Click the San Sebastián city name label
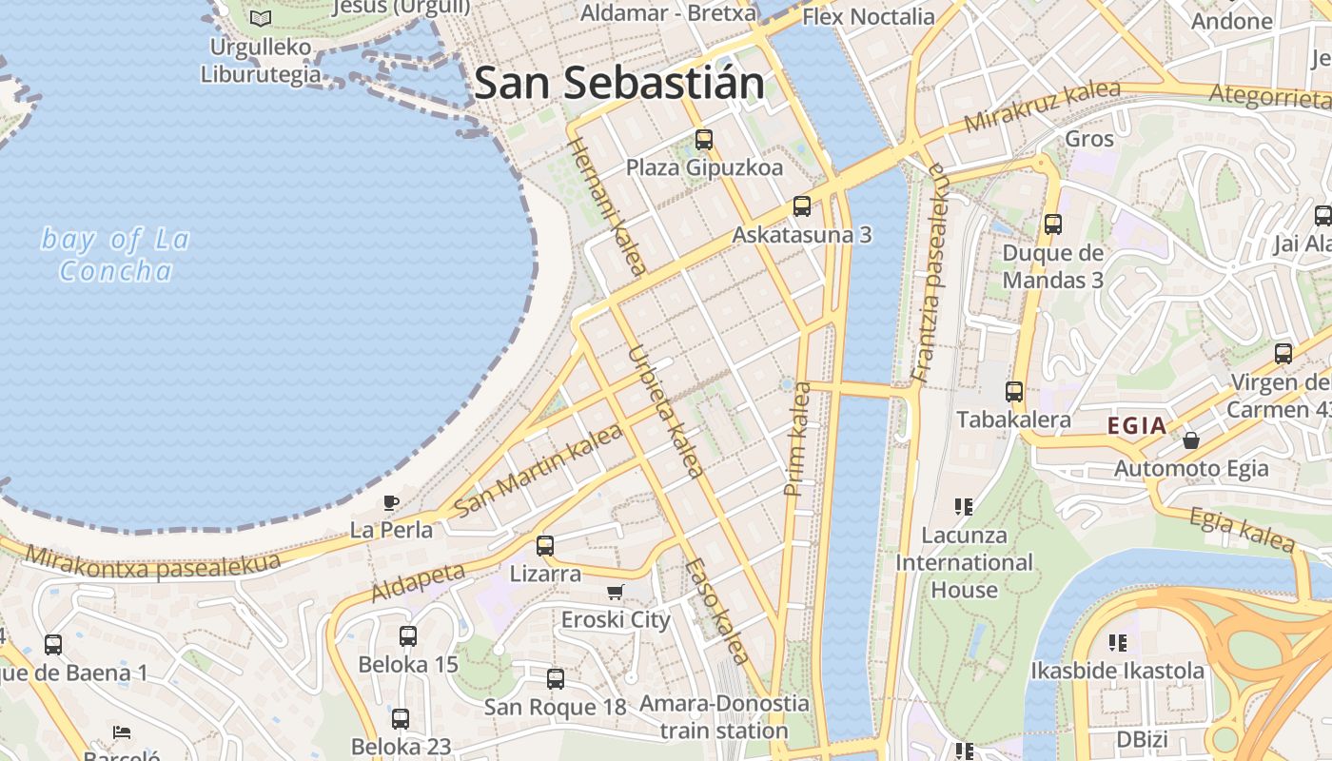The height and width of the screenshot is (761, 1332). [x=619, y=84]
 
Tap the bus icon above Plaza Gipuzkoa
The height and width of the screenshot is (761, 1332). [x=704, y=140]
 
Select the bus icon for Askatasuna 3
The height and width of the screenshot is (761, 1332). [x=802, y=206]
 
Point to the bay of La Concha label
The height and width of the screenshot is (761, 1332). [x=115, y=255]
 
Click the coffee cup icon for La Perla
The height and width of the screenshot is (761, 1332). [x=391, y=502]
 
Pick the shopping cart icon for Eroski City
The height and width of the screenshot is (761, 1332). [x=616, y=592]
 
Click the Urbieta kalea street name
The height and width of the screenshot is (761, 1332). [x=665, y=411]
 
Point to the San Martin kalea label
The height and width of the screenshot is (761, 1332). [x=539, y=470]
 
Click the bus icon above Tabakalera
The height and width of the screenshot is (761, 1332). [x=1014, y=392]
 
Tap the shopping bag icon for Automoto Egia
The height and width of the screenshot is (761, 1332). [x=1190, y=440]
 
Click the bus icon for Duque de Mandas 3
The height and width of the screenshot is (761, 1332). [x=1053, y=224]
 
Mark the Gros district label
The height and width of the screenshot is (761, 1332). [x=1089, y=139]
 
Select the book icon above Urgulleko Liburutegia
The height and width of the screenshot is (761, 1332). [x=260, y=18]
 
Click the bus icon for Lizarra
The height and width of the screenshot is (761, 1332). [x=545, y=546]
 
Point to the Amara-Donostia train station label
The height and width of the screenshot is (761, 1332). [x=724, y=717]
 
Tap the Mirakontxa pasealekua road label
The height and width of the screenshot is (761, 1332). [x=152, y=562]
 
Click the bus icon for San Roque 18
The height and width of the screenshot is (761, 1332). [x=556, y=679]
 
